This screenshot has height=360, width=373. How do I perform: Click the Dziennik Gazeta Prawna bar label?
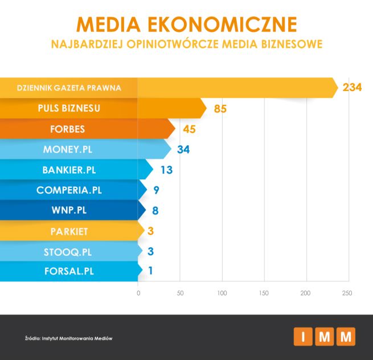(69, 88)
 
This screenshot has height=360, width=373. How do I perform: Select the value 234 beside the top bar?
(352, 88)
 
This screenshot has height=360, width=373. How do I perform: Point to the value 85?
(220, 109)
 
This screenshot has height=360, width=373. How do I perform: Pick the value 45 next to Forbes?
(189, 129)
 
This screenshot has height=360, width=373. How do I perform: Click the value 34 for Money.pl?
(183, 150)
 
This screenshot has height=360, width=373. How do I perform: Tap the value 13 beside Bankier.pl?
(166, 170)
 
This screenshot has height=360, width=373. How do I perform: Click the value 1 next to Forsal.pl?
(150, 271)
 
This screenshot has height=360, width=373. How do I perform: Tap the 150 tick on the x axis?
(264, 293)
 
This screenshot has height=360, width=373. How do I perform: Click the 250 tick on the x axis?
(347, 293)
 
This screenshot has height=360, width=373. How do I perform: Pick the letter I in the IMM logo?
(303, 337)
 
